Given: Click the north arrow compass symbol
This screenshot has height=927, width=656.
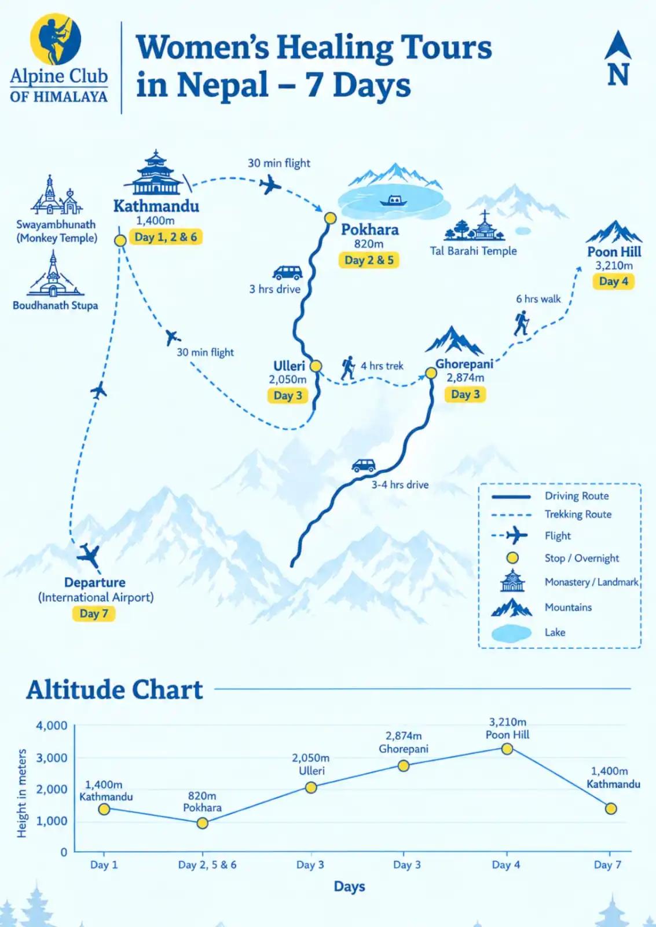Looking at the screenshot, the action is pos(618,57).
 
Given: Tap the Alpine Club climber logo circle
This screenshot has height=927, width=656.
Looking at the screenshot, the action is pos(56,39).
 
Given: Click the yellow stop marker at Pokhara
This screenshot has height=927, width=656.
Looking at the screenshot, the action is pos(330,218).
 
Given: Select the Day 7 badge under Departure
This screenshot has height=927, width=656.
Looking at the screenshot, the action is pos(94,614).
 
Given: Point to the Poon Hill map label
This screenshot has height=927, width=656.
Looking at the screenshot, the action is pos(614,251).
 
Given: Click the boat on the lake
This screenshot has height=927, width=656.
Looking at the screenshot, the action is pos(393,201).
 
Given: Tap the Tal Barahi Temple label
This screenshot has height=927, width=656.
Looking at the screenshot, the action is pos(473,251).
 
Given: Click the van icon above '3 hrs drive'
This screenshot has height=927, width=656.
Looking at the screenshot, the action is pos(287,273).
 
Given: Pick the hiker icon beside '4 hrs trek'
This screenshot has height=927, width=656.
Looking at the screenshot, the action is pos(349,367).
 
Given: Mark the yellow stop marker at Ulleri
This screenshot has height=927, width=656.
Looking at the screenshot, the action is pos(316,366).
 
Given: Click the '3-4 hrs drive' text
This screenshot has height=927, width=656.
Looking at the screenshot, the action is pos(400,484).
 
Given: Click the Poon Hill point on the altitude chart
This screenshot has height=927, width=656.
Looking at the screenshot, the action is pos(507,749).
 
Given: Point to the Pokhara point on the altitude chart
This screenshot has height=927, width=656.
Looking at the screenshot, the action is pos(202,823).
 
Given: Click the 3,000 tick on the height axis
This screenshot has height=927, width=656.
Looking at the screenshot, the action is pos(52,758).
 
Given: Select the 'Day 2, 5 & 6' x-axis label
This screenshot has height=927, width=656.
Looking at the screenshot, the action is pos(207,864).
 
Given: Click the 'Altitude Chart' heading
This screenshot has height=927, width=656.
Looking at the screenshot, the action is pos(115,690).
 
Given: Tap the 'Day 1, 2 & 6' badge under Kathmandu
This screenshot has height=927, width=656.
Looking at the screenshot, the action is pos(166,237).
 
